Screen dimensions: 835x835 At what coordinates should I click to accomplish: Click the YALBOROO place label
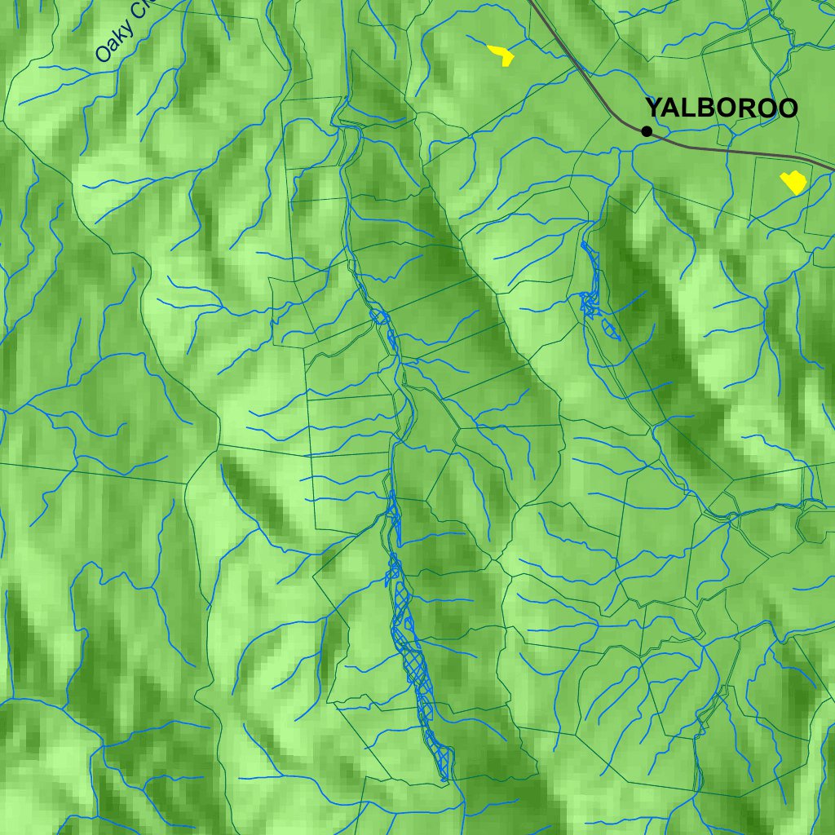(x=721, y=108)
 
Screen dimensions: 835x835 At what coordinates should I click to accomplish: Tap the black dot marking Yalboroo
(x=647, y=130)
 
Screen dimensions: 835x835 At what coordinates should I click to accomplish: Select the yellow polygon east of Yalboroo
(x=793, y=182)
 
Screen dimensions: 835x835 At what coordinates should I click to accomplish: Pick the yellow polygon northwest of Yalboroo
(x=501, y=55)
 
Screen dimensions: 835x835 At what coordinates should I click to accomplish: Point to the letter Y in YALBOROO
(x=654, y=108)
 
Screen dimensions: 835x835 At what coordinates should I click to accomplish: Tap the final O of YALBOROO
(x=787, y=108)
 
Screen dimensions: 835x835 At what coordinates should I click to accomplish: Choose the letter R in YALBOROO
(x=747, y=108)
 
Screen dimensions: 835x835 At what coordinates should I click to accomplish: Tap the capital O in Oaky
(x=103, y=54)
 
